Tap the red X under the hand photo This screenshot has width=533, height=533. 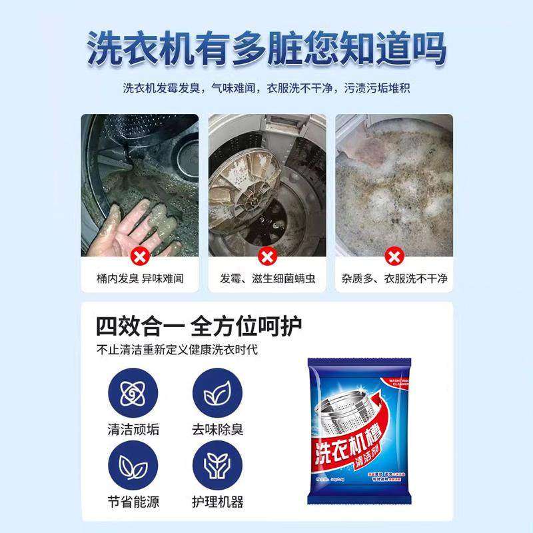[139, 255]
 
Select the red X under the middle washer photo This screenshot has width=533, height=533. [267, 255]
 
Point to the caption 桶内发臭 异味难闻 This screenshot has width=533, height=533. [139, 278]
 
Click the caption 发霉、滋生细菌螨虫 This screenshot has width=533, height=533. [267, 278]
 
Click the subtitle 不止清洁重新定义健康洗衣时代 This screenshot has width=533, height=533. [177, 350]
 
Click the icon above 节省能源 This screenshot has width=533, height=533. [133, 466]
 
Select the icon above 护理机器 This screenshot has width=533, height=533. [217, 466]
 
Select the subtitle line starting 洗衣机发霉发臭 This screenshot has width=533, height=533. [266, 88]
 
